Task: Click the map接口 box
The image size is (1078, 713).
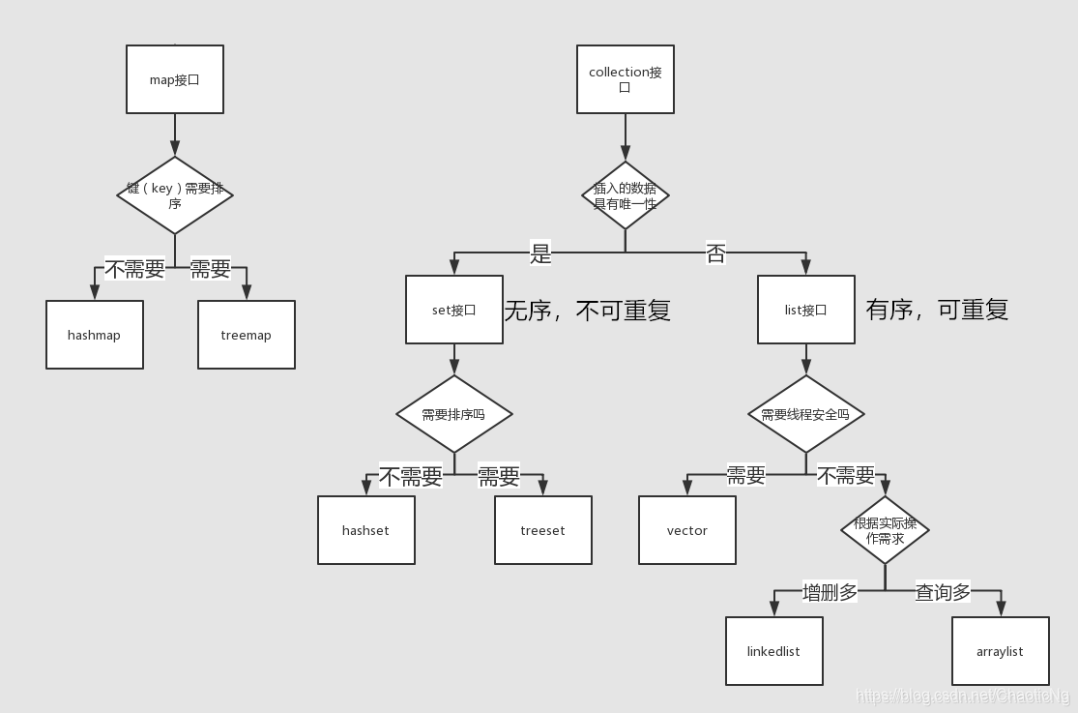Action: coord(175,79)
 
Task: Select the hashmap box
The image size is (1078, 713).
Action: coord(95,335)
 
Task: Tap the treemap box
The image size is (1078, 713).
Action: coord(247,335)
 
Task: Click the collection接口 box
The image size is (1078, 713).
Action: coord(626,79)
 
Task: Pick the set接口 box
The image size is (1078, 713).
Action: coord(454,310)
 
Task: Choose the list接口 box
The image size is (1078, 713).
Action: coord(806,310)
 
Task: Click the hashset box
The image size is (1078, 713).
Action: coord(366,530)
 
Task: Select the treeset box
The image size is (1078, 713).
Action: coord(543,530)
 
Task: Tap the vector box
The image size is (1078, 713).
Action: coord(687,530)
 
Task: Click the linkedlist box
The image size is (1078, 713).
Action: coord(774,651)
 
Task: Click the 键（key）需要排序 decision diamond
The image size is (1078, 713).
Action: coord(175,195)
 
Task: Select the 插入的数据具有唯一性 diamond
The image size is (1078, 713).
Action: coord(626,195)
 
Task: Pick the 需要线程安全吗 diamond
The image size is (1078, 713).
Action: coord(806,414)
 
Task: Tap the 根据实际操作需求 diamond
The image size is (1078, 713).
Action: coord(886,530)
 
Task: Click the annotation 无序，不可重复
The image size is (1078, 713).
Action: coord(587,311)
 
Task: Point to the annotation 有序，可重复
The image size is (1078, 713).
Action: coord(937,310)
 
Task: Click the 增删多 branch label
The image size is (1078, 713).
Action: coord(830,592)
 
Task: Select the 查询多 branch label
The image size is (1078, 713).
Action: coord(943,592)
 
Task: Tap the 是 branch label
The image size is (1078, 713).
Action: coord(540,254)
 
